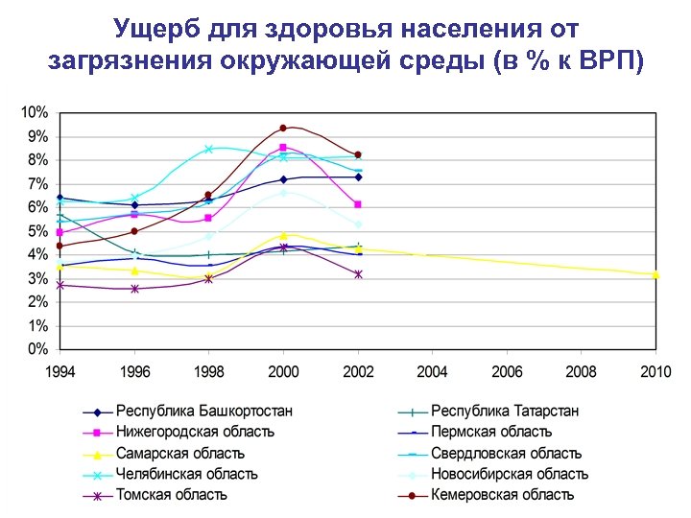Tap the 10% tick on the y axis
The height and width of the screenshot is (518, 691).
(x=35, y=112)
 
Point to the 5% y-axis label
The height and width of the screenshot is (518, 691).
(x=37, y=231)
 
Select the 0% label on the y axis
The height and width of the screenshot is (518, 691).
(x=37, y=349)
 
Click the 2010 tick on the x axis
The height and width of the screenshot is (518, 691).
(x=655, y=371)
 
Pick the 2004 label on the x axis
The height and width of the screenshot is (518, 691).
(x=432, y=371)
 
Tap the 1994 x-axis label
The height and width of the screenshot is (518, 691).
(x=60, y=371)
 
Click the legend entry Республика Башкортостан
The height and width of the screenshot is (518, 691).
(x=204, y=412)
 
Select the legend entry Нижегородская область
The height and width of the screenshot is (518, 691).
(x=195, y=433)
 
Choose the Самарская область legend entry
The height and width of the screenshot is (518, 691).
(x=180, y=454)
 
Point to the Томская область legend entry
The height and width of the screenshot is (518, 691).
(x=172, y=495)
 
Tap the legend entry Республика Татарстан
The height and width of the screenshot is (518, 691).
(x=505, y=412)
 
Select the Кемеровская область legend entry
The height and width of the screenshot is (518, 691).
(x=502, y=495)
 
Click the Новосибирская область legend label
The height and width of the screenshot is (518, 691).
(x=510, y=474)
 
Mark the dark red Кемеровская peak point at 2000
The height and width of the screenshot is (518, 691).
(x=283, y=128)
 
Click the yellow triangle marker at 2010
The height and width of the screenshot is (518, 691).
(x=655, y=274)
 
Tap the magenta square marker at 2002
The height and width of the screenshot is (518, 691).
(x=358, y=204)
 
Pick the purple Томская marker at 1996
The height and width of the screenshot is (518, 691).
(x=134, y=289)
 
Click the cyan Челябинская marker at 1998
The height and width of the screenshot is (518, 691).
(x=208, y=150)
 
